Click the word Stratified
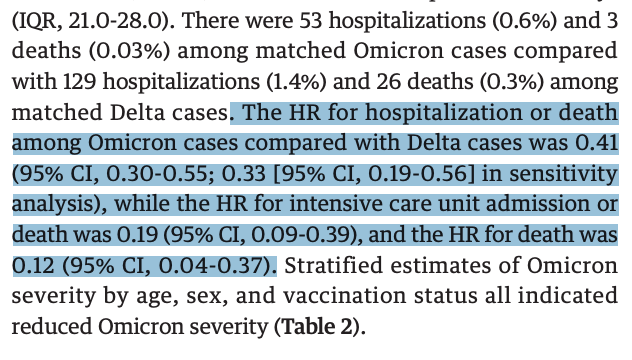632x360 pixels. [338, 267]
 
